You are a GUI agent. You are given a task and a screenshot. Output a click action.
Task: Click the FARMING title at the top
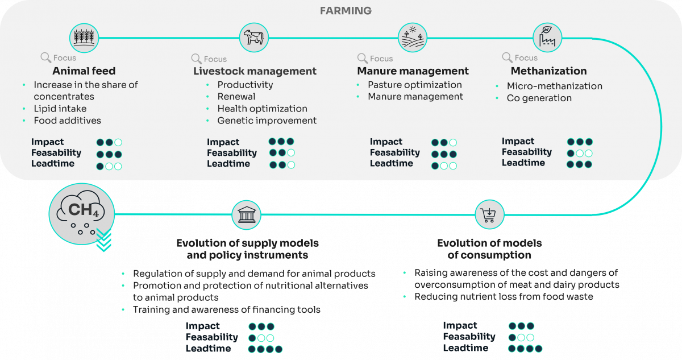(x=346, y=11)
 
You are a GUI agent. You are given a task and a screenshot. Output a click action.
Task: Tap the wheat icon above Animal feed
(x=85, y=38)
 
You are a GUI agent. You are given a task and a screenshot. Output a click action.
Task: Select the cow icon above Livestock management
(x=254, y=38)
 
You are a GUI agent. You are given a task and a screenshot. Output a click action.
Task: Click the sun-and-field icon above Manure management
(x=412, y=38)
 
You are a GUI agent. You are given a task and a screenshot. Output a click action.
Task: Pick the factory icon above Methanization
(x=547, y=38)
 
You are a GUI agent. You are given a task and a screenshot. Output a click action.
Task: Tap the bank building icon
(x=246, y=215)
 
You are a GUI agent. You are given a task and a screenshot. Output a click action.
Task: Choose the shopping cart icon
(x=489, y=215)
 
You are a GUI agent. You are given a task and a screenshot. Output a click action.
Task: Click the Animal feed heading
(x=84, y=71)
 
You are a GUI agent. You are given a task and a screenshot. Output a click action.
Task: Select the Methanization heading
(x=548, y=71)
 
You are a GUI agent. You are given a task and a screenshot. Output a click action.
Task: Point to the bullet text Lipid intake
(x=60, y=109)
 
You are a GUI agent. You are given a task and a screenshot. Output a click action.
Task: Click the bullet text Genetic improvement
(x=267, y=121)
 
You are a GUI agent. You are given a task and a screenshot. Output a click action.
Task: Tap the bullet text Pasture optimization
(x=415, y=85)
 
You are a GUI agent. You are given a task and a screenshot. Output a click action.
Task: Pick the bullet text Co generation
(x=539, y=98)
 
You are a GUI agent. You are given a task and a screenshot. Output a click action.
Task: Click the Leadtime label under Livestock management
(x=228, y=164)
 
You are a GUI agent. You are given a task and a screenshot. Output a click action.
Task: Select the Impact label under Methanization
(x=518, y=141)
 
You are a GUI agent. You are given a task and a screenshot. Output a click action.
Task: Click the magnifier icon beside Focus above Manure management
(x=362, y=58)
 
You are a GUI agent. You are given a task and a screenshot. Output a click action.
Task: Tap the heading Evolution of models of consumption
(x=489, y=249)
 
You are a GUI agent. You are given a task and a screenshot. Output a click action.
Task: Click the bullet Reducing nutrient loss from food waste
(x=504, y=297)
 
